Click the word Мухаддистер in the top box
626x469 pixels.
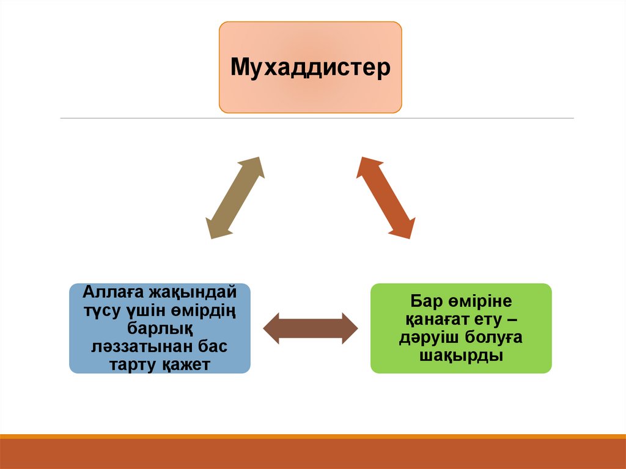point(310,67)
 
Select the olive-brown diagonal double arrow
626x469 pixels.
point(235,197)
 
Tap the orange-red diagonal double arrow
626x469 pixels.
point(385,197)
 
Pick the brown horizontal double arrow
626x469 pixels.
point(310,328)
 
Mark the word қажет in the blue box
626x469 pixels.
point(186,366)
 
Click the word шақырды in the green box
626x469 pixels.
point(461,356)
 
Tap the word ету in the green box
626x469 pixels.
point(494,319)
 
